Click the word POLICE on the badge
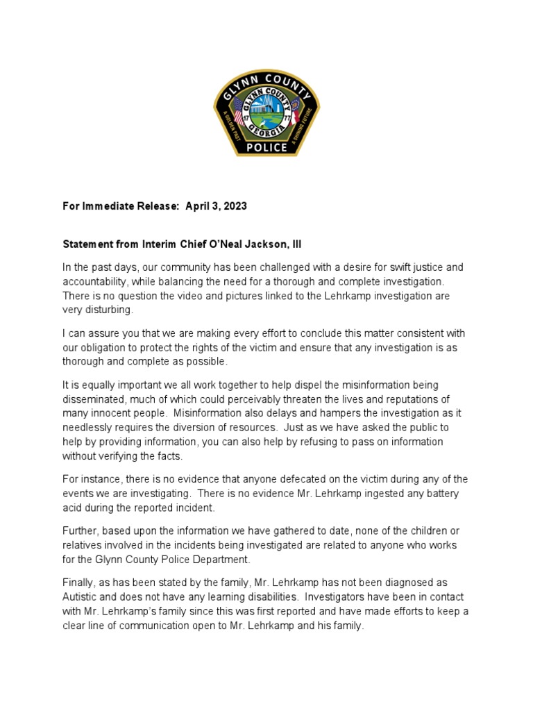(266, 147)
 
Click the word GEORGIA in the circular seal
(266, 131)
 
